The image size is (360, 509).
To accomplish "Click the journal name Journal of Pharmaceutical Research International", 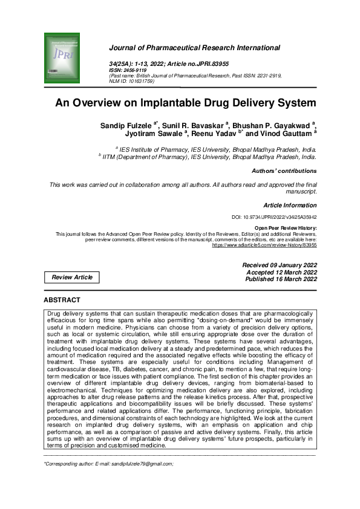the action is point(194,47).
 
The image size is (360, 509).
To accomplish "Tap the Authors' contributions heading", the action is point(284,171).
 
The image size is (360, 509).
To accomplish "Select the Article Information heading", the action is point(290,205).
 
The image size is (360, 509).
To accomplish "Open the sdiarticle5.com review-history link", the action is point(264,245).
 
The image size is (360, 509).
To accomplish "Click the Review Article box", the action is point(73,277).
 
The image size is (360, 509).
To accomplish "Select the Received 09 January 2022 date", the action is point(280,265).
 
